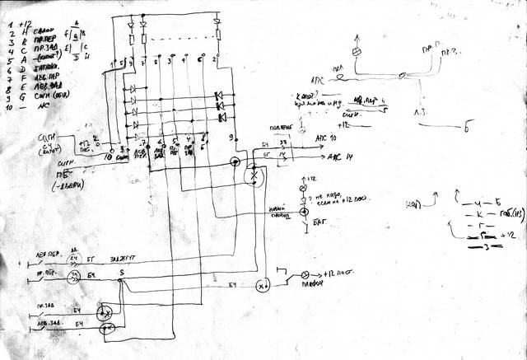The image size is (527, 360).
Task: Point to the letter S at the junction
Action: pos(121,272)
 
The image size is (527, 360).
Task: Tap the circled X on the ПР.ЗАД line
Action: pos(105,314)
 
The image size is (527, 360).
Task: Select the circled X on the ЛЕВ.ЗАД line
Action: pos(105,330)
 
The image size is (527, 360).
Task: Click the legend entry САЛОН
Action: pos(36,28)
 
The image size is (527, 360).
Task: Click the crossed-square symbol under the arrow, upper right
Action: pos(357,52)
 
